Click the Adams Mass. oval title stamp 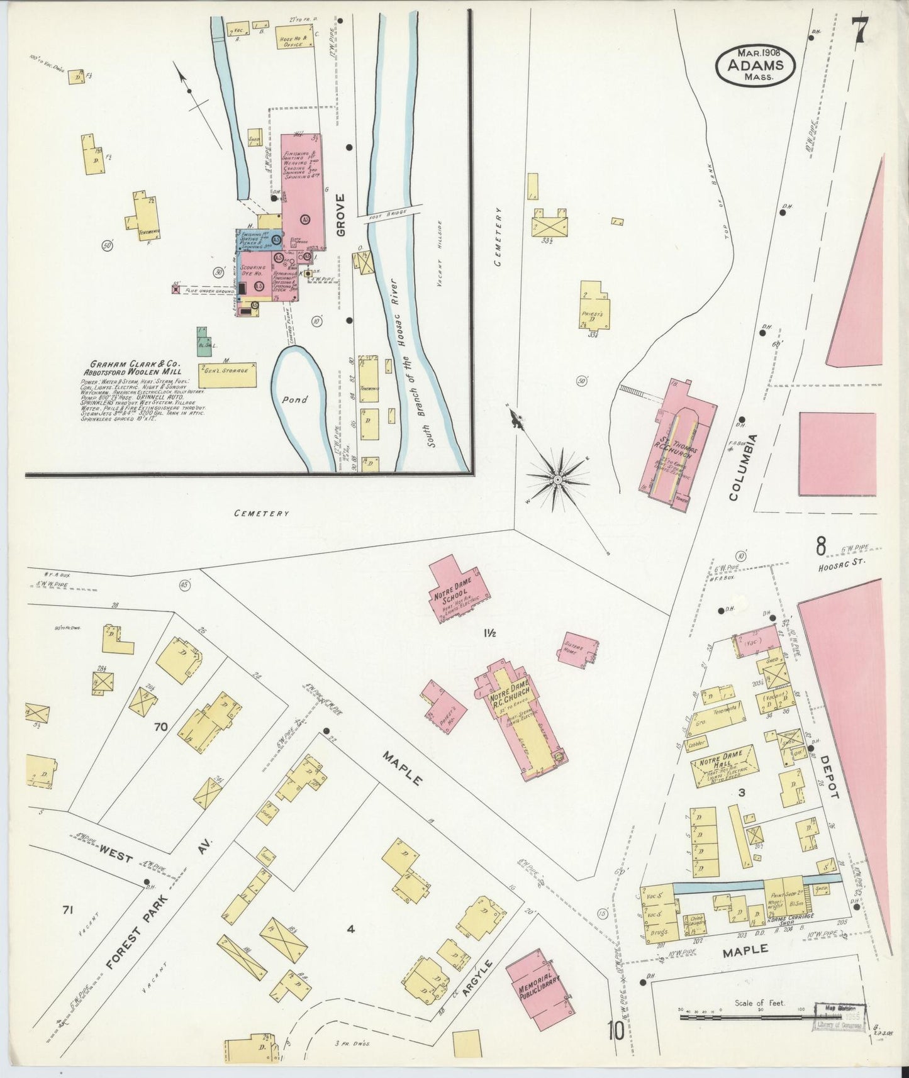(x=755, y=65)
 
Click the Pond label (x=294, y=400)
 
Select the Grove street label (x=340, y=214)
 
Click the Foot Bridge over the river (x=386, y=215)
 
